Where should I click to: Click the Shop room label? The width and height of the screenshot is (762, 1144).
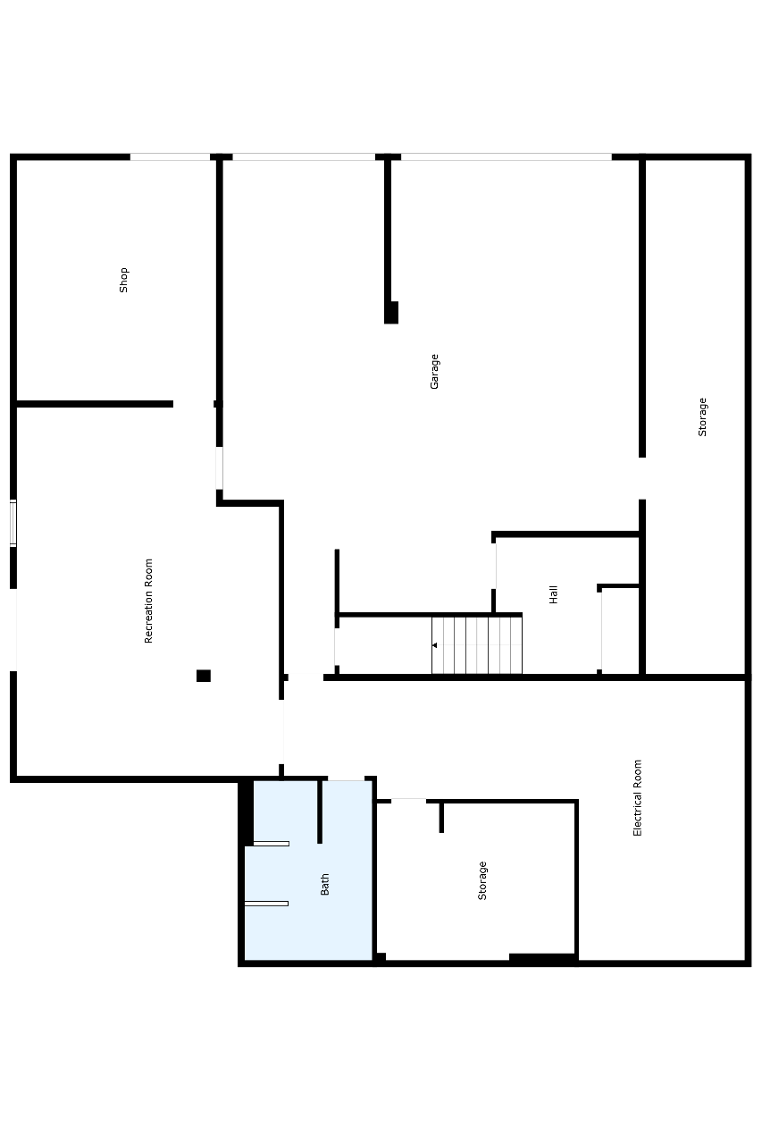click(x=123, y=280)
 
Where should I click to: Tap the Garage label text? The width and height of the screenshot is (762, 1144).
click(x=434, y=371)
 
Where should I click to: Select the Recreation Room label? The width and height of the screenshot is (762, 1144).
click(x=148, y=601)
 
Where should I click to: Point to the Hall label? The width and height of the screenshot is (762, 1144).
click(x=553, y=594)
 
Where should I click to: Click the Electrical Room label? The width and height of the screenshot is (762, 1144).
click(x=637, y=798)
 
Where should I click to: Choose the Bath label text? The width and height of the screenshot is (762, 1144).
click(x=324, y=884)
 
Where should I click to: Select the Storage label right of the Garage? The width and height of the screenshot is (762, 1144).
click(x=702, y=416)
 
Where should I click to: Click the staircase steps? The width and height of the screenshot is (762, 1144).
click(x=477, y=645)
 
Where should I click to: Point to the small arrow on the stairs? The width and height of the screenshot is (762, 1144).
click(x=434, y=645)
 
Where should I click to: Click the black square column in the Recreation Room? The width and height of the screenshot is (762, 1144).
click(x=204, y=676)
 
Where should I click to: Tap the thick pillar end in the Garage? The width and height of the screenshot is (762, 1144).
click(x=391, y=312)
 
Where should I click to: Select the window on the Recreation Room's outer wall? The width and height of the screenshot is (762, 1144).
click(x=13, y=523)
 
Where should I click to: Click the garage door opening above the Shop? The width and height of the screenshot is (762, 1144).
click(x=170, y=156)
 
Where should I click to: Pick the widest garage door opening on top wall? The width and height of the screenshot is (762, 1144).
click(x=507, y=156)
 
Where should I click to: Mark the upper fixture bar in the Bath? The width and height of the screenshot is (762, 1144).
click(x=271, y=844)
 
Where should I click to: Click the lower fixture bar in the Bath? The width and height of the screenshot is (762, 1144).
click(x=266, y=904)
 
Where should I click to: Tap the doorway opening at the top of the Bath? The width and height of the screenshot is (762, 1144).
click(x=346, y=778)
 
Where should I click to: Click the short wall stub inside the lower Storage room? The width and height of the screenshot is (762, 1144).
click(x=441, y=818)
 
